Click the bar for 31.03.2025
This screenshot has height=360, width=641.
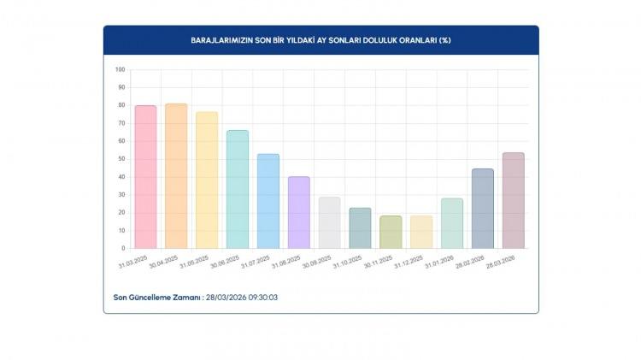145,177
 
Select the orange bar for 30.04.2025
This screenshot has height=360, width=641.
176,176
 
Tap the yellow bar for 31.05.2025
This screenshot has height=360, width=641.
207,180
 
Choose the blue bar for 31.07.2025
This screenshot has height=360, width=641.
268,202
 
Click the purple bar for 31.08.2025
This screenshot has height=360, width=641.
299,213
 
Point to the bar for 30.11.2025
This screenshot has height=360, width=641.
391,233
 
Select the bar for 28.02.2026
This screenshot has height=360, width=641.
483,209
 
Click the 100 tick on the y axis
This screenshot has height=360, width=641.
120,69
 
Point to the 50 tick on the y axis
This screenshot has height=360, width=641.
121,159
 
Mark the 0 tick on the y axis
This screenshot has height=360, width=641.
123,249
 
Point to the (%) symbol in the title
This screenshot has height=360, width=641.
444,40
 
